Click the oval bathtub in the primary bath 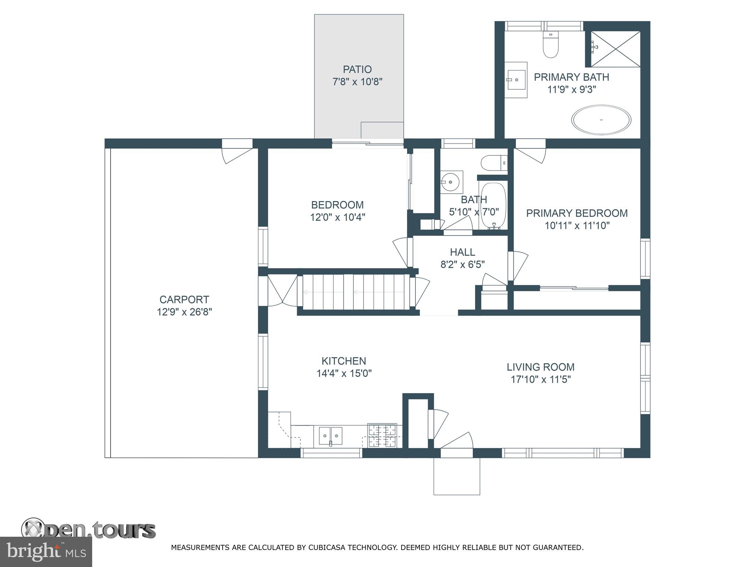coord(601,120)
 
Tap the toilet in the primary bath coord(551,45)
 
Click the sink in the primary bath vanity coord(516,80)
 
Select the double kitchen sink coord(331,436)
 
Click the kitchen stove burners coord(382,436)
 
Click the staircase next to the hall coord(356,292)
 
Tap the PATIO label coord(357,69)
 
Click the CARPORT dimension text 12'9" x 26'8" coord(184,312)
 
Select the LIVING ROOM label coord(540,367)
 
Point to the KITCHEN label coord(344,361)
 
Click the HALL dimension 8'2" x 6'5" coord(462,264)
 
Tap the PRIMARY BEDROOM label coord(577,213)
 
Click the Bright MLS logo coord(46,551)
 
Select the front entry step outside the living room coord(457,476)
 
